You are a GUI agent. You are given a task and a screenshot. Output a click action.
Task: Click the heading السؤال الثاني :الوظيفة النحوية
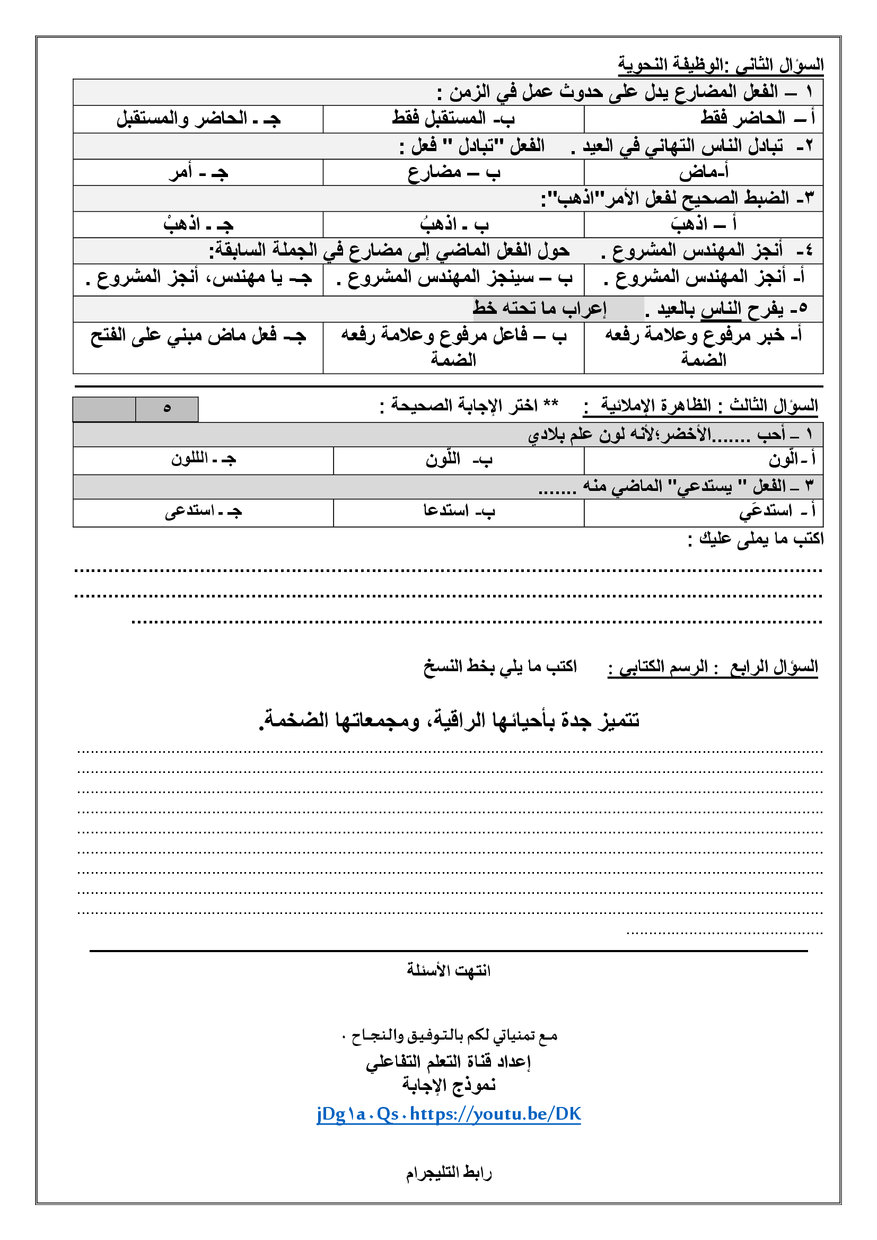point(721,65)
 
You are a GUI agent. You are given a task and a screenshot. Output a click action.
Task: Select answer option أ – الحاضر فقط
point(757,118)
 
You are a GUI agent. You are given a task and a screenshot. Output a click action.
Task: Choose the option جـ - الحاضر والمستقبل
point(198,118)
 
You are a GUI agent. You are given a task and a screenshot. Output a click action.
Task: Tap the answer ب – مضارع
point(454,172)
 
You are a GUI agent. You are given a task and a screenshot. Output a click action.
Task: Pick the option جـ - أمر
point(198,173)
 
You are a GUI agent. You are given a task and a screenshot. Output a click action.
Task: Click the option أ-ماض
point(704,172)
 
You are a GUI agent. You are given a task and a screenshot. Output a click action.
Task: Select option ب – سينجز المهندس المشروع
point(454,278)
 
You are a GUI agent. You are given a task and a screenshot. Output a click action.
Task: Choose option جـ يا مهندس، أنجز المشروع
point(198,278)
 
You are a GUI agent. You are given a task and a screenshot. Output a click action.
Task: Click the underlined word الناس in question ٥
point(722,309)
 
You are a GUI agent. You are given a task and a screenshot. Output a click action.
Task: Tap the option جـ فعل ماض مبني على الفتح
point(198,336)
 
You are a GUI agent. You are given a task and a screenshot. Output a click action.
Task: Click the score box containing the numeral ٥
point(167,409)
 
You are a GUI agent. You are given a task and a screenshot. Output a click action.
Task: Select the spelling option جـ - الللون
point(204,459)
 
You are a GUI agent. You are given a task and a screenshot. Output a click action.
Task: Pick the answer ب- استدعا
point(459,511)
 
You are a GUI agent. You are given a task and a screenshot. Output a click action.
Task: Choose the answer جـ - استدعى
point(204,511)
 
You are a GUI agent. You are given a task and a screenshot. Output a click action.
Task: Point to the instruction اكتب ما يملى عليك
point(756,539)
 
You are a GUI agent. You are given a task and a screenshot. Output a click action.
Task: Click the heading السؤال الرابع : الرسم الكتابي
point(712,667)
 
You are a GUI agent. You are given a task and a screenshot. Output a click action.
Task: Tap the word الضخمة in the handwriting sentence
point(294,720)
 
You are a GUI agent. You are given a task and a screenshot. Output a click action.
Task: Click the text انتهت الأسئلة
point(448,970)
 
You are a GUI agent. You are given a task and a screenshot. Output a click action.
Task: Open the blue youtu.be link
point(448,1114)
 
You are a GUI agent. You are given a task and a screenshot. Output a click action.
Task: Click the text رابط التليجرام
point(448,1173)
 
